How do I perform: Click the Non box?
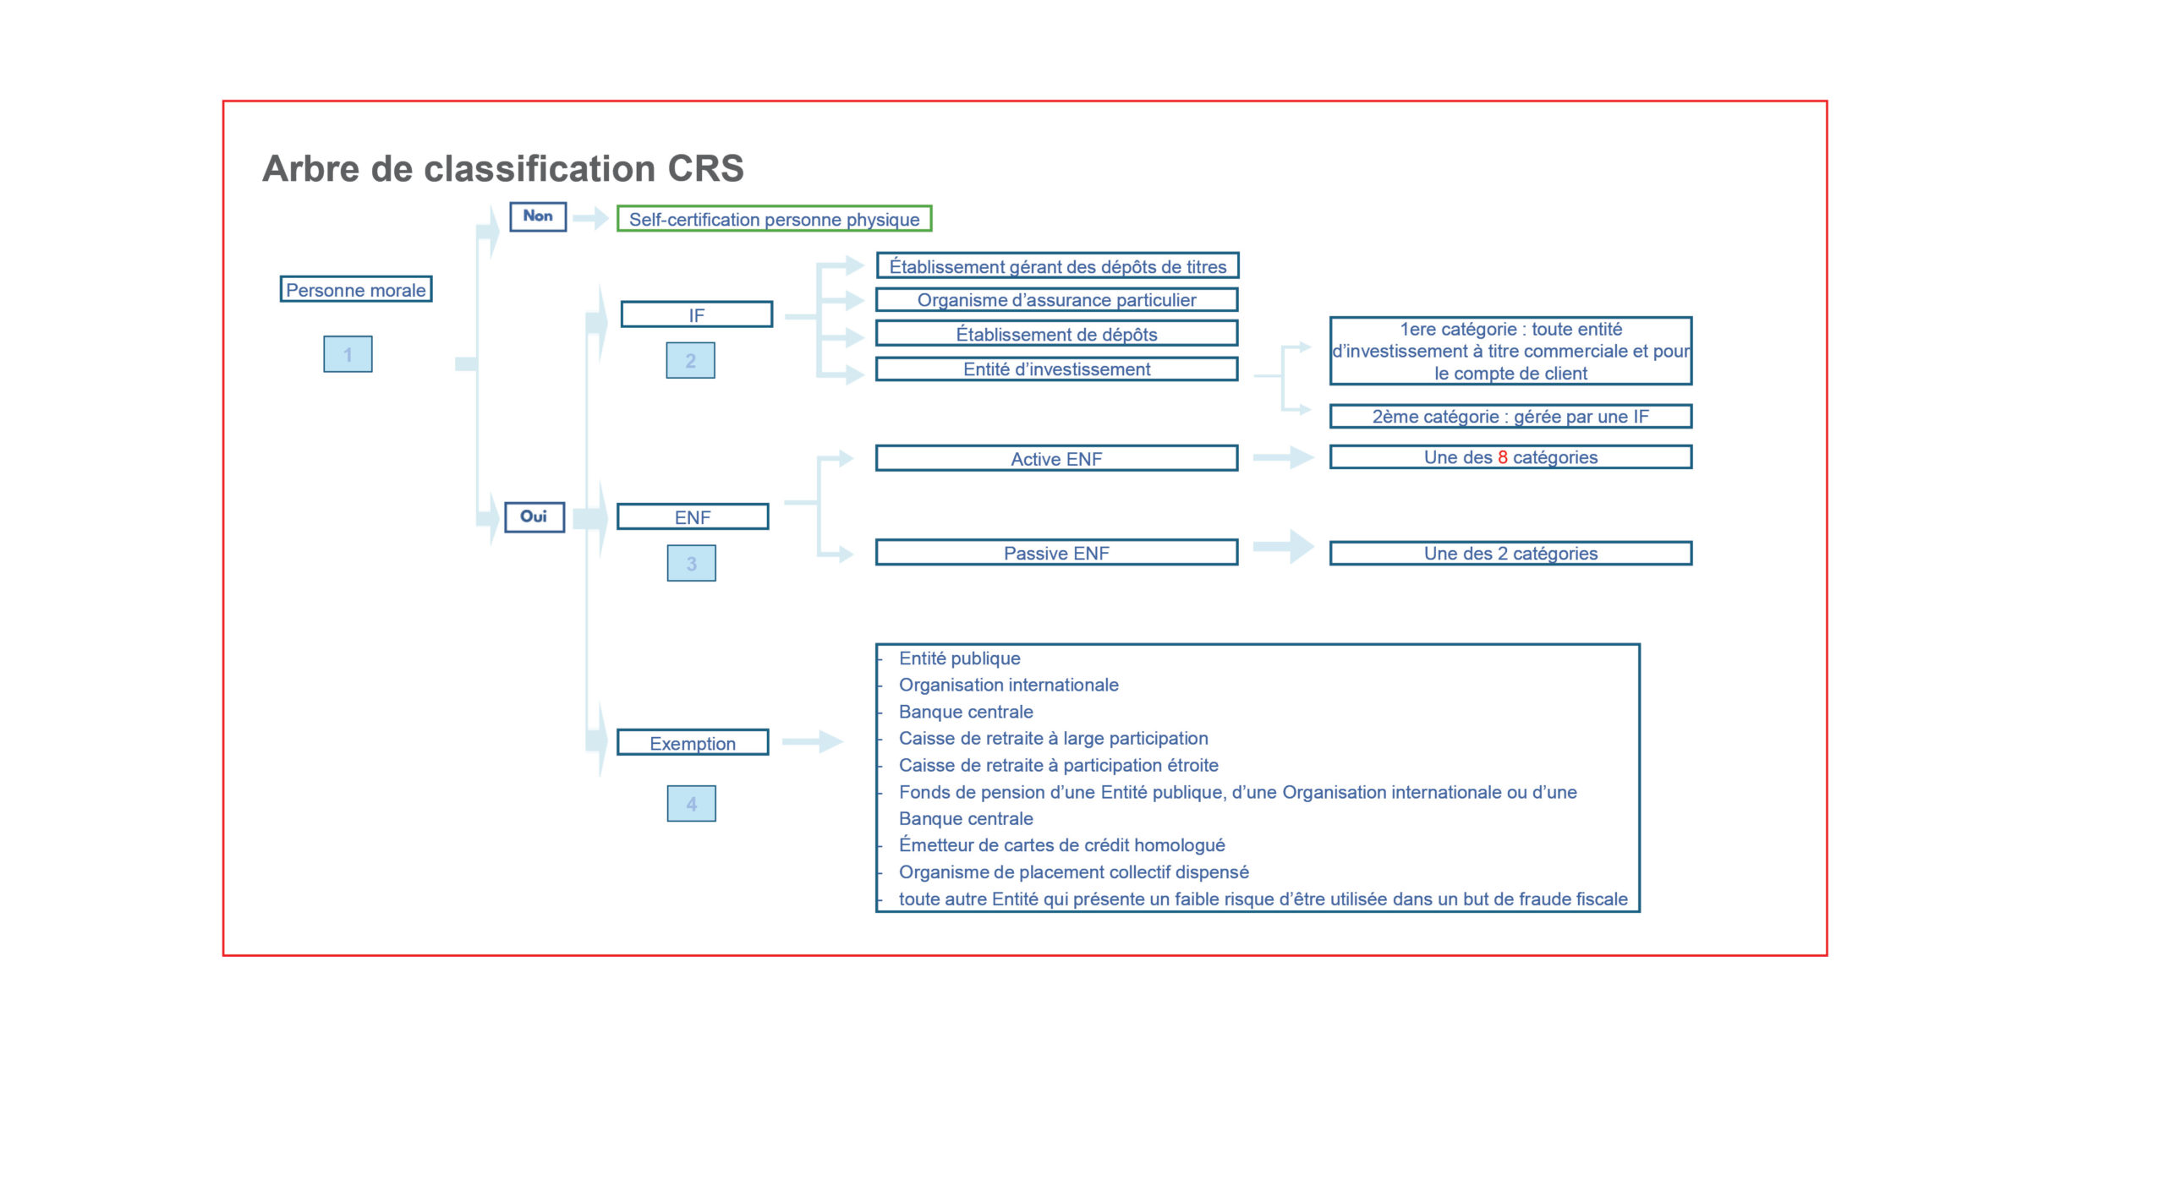(x=537, y=216)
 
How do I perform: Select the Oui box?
(x=534, y=516)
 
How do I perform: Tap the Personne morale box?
(x=356, y=289)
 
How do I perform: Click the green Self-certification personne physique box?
(x=774, y=219)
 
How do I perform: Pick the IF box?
(x=696, y=314)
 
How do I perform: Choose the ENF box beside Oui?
(x=693, y=516)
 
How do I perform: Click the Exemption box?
(x=693, y=743)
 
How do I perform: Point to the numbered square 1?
(x=348, y=354)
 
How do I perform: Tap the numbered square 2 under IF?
(x=690, y=361)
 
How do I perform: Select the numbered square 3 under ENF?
(x=691, y=564)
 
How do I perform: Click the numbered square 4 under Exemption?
(x=691, y=804)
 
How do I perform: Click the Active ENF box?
(x=1056, y=458)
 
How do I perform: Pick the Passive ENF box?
(x=1056, y=553)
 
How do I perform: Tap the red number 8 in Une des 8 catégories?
(x=1503, y=457)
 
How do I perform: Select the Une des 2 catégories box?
(x=1510, y=553)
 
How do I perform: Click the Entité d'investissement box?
(x=1056, y=369)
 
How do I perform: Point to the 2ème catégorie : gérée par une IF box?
(x=1510, y=416)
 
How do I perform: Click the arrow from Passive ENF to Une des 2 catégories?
(x=1284, y=546)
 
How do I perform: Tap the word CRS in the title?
(x=705, y=168)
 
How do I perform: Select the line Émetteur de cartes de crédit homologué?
(x=1061, y=845)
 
